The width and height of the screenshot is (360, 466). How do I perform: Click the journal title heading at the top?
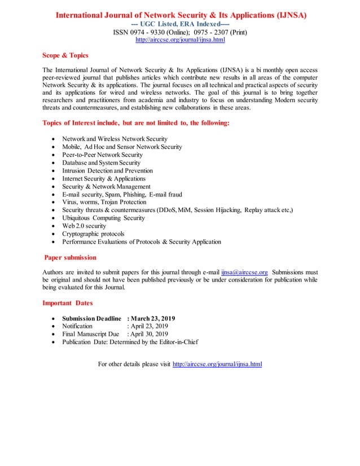(x=180, y=15)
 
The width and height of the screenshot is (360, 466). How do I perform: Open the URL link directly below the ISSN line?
(x=180, y=41)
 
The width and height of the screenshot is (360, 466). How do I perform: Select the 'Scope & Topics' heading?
(x=65, y=55)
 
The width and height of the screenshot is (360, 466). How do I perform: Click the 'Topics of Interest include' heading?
(x=136, y=123)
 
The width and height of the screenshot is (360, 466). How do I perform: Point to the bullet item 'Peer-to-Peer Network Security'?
(x=102, y=155)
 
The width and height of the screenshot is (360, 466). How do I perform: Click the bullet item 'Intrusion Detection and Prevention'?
(x=107, y=170)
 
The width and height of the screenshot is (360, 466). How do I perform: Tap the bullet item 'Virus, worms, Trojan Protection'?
(x=104, y=202)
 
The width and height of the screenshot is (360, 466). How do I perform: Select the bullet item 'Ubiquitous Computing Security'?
(x=103, y=218)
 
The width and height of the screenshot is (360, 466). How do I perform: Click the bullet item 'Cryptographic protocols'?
(x=93, y=234)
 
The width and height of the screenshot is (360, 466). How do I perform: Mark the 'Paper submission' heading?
(x=71, y=257)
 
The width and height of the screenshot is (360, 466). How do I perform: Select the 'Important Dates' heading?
(x=68, y=303)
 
